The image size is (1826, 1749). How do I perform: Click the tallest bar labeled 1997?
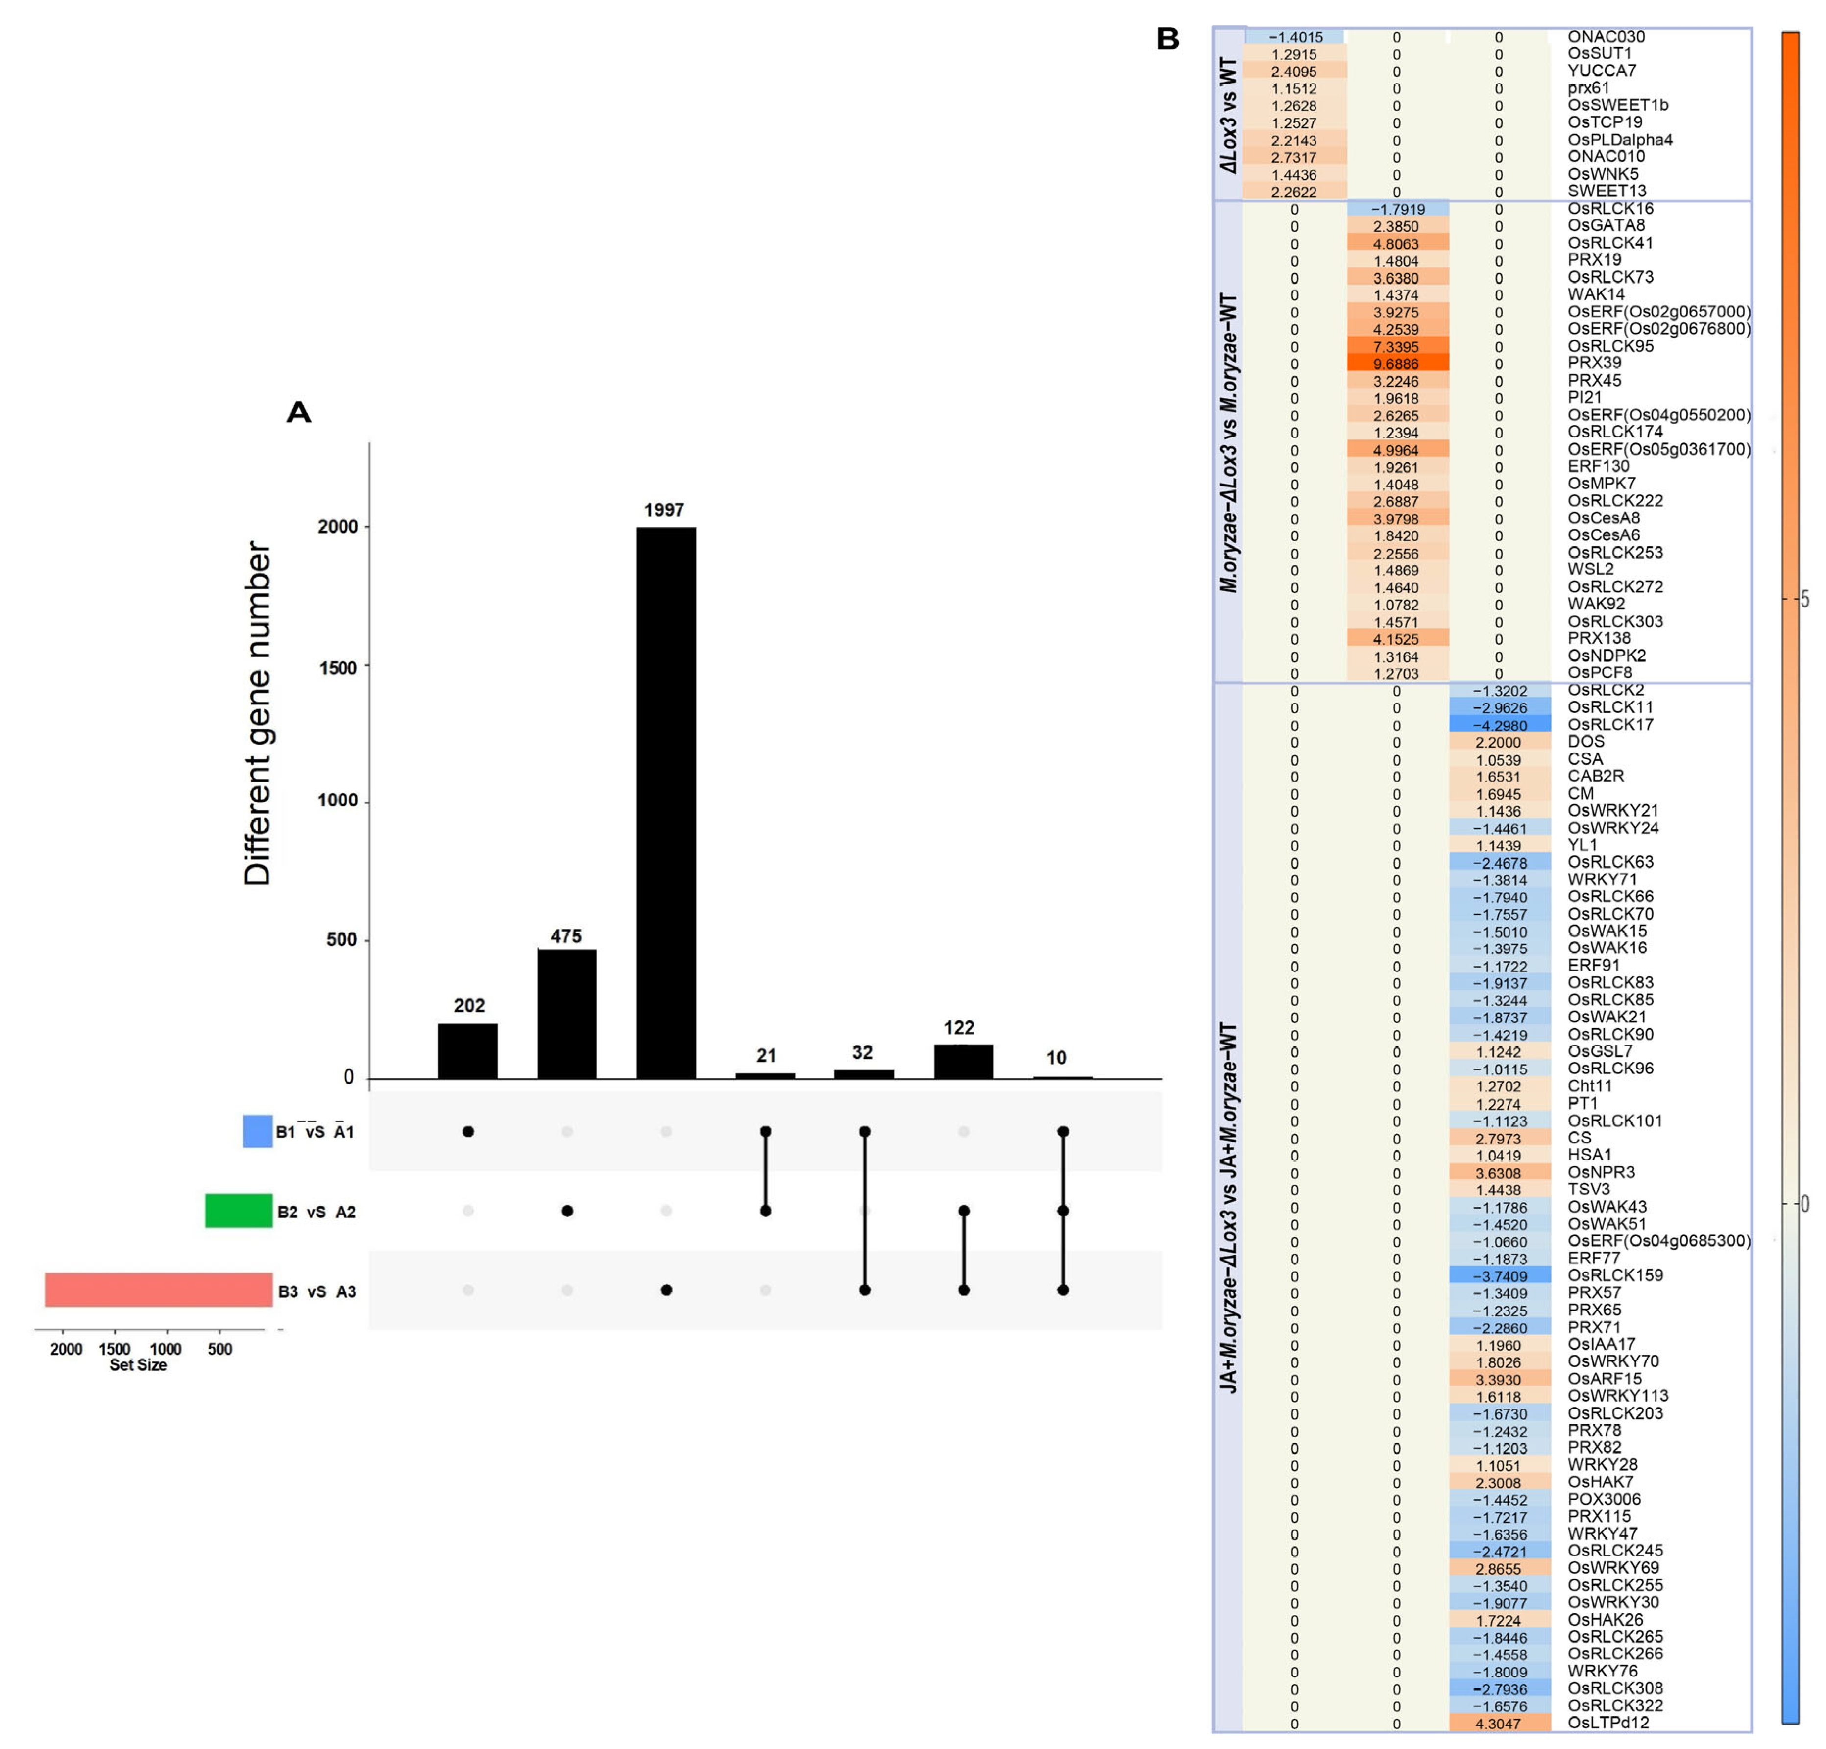[x=665, y=802]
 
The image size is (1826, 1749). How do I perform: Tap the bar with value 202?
[x=468, y=1050]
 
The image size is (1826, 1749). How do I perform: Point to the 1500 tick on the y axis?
[x=337, y=667]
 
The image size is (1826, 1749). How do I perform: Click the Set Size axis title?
[x=138, y=1365]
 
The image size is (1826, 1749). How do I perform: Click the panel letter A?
[x=298, y=412]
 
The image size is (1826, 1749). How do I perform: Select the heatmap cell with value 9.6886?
[x=1396, y=364]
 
